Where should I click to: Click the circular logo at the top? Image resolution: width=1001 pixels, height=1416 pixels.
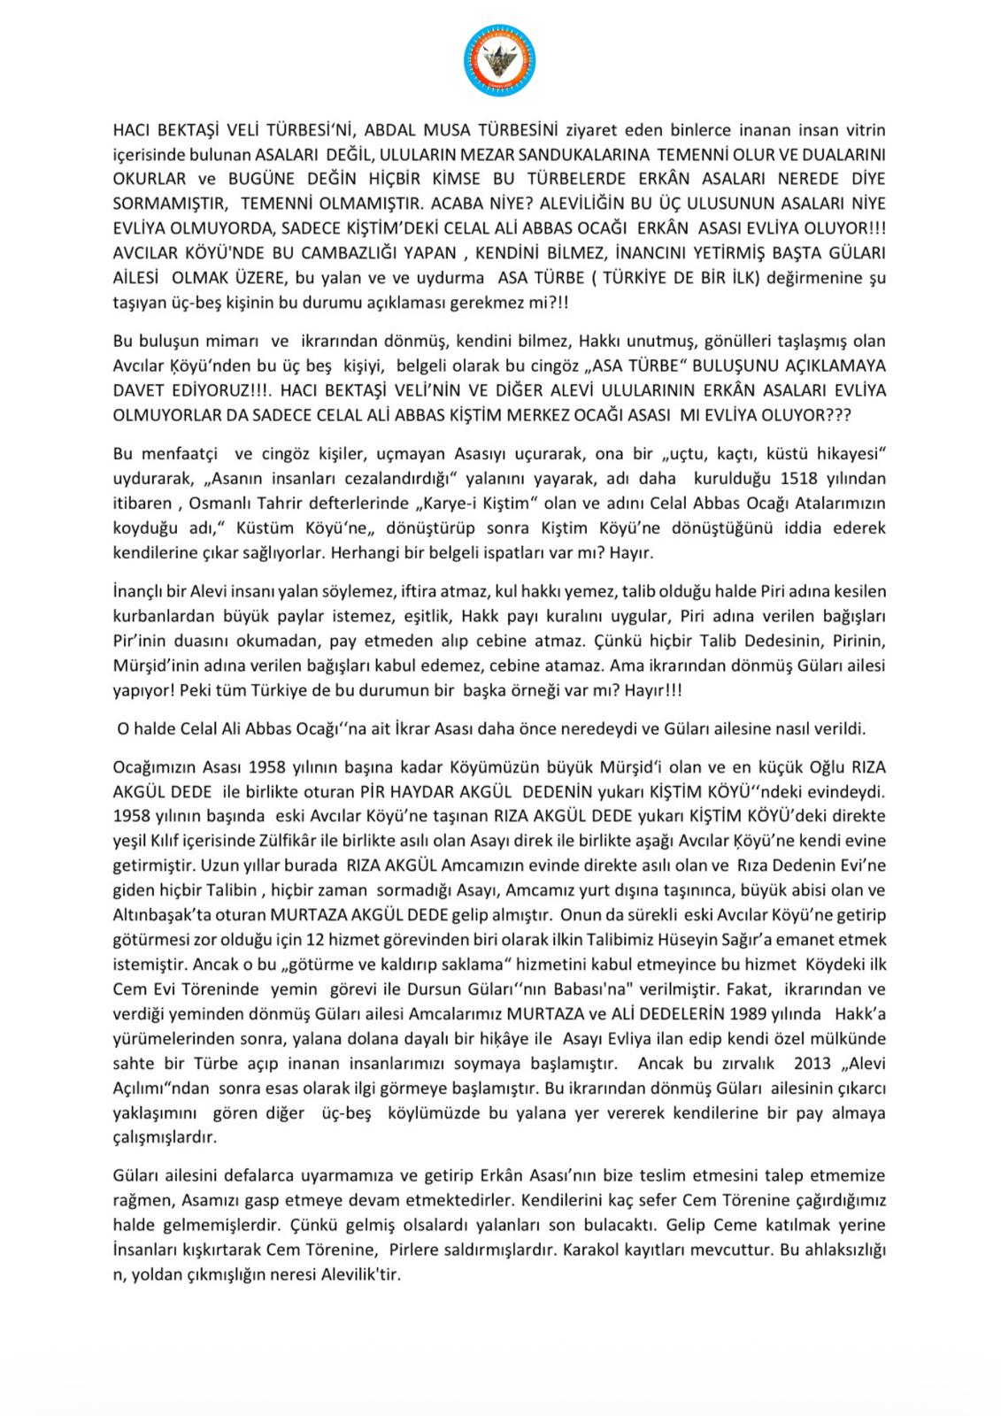click(x=500, y=59)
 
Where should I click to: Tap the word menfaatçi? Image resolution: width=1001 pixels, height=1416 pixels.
click(x=181, y=454)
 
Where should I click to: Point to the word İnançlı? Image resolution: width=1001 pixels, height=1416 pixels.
click(x=141, y=590)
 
